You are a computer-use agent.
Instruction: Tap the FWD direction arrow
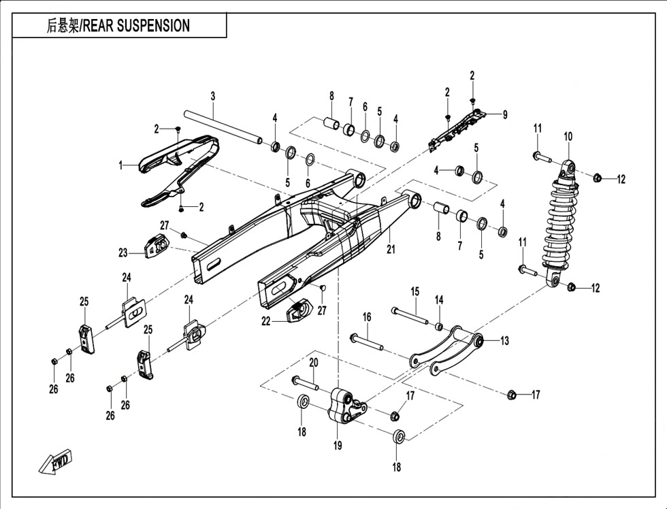(x=55, y=463)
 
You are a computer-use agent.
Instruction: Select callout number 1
(x=121, y=165)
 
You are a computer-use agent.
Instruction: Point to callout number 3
(x=212, y=96)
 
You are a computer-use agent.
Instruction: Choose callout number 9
(x=505, y=115)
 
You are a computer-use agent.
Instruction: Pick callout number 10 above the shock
(x=568, y=136)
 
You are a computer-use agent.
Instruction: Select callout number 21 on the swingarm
(x=391, y=250)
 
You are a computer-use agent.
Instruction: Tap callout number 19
(x=337, y=446)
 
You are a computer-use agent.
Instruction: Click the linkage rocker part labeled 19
(x=344, y=406)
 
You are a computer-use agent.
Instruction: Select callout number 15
(x=414, y=292)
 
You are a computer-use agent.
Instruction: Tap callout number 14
(x=439, y=299)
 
